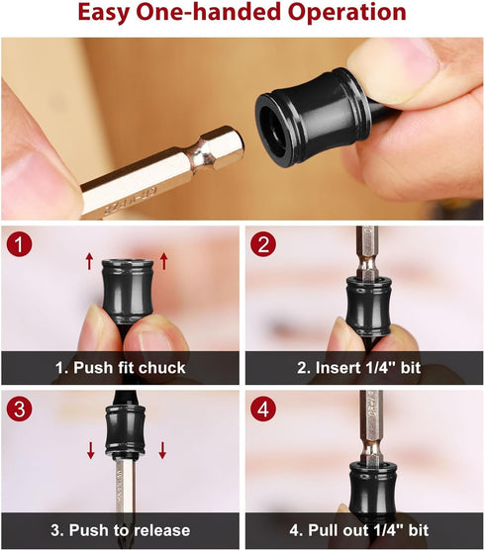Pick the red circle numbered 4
261,406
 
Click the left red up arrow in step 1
88,261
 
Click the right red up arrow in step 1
164,261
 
